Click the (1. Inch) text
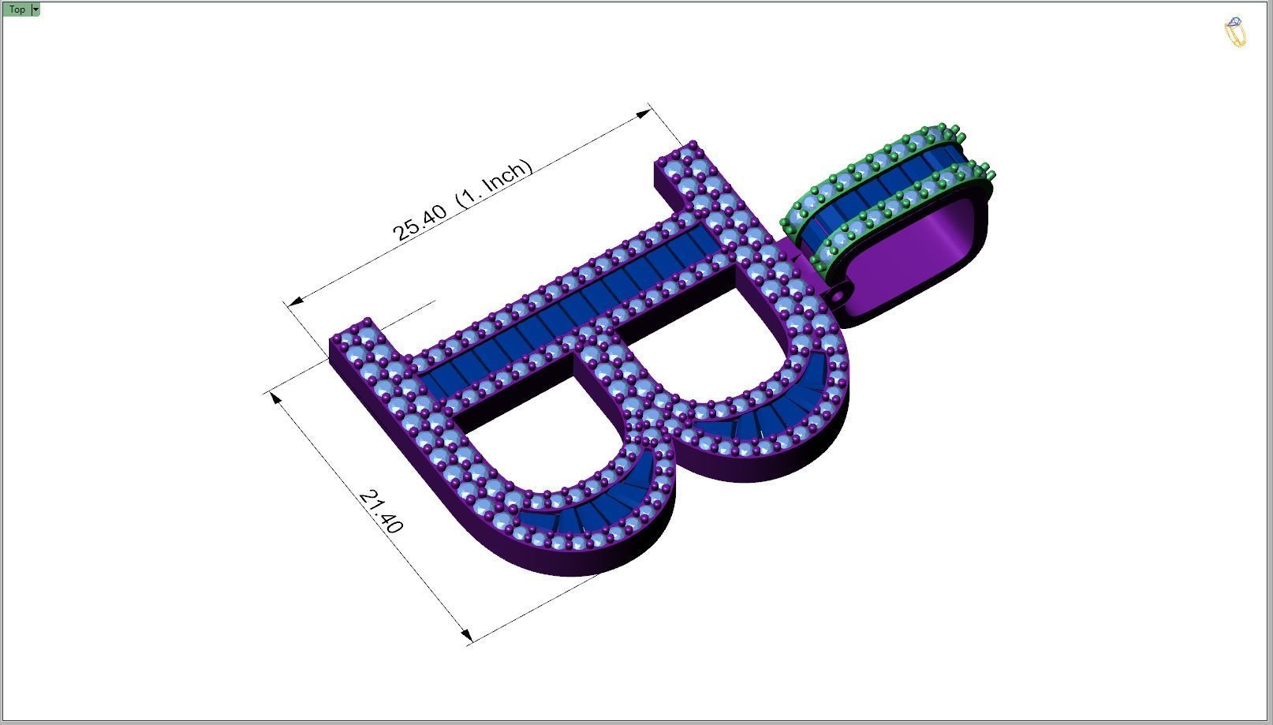495,183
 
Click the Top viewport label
17,9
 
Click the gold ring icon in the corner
1235,32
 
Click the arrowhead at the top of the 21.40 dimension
275,397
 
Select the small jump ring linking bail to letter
834,296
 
